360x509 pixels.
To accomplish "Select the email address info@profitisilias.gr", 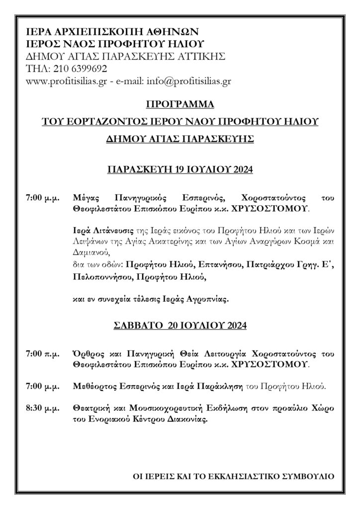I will [x=191, y=81].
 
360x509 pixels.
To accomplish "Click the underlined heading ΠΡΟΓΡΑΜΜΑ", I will [x=180, y=105].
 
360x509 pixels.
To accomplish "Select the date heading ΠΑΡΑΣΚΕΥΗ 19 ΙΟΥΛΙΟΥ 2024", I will [x=180, y=170].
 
